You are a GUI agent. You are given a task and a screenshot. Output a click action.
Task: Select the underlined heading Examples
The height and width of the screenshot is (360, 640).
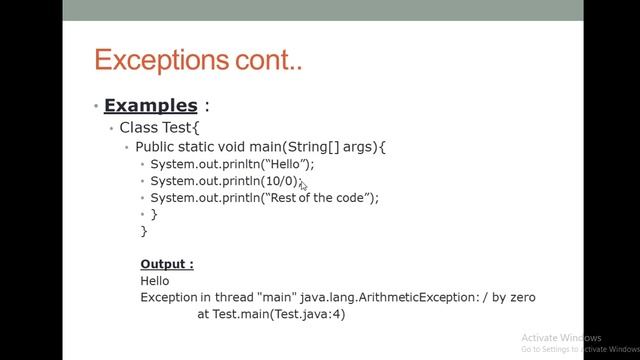point(150,105)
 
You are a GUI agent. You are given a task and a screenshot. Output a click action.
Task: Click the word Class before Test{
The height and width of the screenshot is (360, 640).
point(138,127)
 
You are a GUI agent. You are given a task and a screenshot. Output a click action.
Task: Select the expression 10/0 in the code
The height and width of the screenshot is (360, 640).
point(280,181)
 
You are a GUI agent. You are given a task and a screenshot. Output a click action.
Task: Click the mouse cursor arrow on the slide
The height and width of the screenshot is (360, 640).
point(303,184)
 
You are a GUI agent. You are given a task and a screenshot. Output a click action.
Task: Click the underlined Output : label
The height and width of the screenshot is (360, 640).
point(167,264)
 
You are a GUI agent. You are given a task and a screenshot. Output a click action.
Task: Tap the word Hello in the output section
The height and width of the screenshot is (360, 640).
point(155,281)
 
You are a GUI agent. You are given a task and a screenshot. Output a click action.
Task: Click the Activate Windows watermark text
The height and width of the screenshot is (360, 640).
point(561,338)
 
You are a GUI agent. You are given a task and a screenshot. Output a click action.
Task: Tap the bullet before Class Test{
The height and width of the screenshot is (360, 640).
point(112,128)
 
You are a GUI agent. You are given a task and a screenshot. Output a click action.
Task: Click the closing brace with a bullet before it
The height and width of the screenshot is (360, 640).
point(154,214)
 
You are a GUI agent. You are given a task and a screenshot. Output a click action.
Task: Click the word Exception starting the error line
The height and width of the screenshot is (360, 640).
point(168,297)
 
